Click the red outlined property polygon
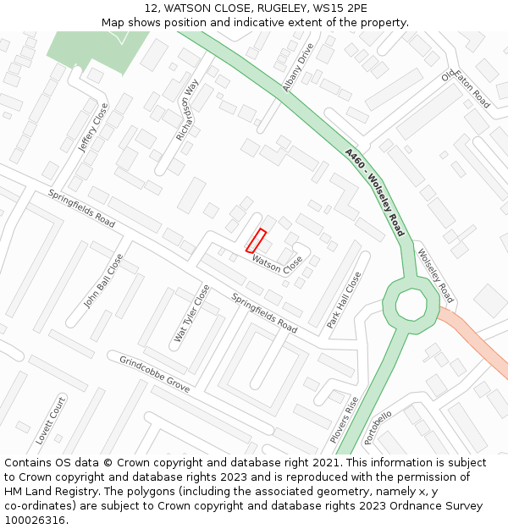point(256,240)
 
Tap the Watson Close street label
point(277,264)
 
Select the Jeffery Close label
point(93,128)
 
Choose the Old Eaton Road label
point(466,90)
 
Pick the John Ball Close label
point(103,280)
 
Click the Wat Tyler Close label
point(192,313)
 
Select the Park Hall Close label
point(345,300)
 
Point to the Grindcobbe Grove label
point(154,373)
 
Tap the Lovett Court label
point(50,421)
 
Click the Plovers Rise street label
point(345,420)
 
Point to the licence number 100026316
point(36,520)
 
